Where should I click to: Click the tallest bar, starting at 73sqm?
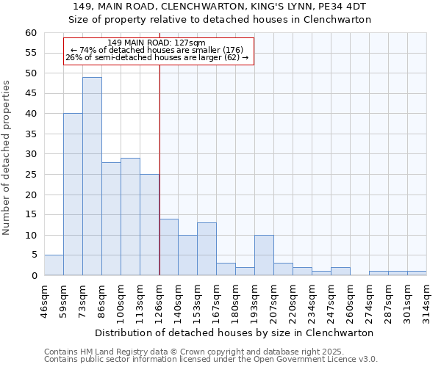click(92, 176)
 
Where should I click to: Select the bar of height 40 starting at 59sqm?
click(73, 195)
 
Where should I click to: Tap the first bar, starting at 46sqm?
click(54, 265)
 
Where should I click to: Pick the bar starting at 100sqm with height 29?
click(130, 217)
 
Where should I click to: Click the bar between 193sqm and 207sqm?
click(264, 255)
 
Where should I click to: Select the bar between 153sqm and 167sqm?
click(207, 249)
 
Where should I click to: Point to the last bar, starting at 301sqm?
click(417, 273)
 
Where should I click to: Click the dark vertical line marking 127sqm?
click(159, 169)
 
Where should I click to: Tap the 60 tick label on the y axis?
click(30, 33)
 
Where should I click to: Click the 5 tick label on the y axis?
click(33, 255)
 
